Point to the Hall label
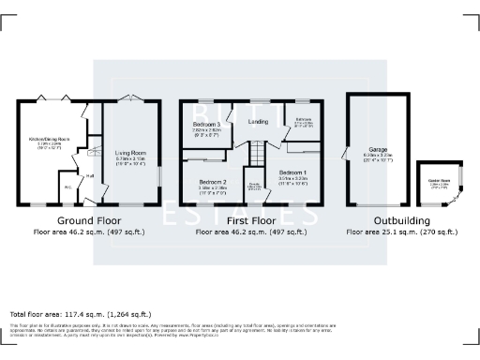click(91, 175)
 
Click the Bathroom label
click(304, 120)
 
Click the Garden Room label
click(439, 181)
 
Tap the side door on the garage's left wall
click(346, 152)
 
